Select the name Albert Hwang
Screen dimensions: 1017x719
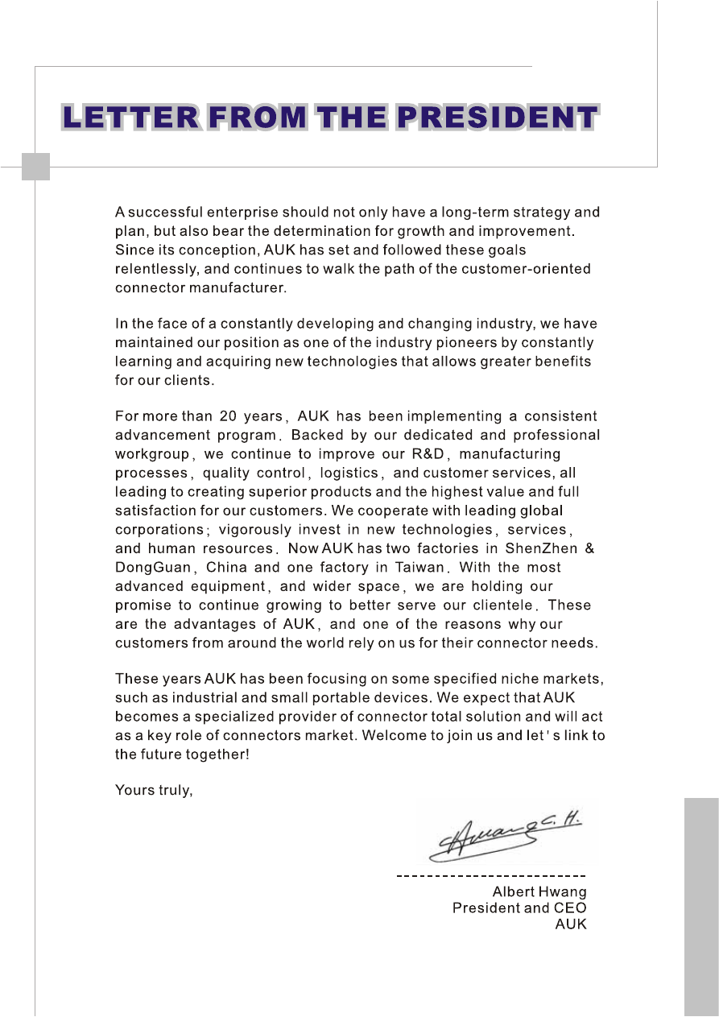539,891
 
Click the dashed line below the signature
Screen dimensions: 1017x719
491,874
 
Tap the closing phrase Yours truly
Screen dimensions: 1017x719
154,790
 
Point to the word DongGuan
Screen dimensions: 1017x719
151,567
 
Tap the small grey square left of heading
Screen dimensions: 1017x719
35,166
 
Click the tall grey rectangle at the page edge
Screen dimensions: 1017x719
701,906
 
